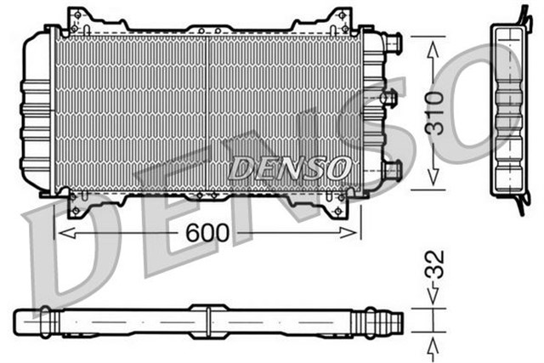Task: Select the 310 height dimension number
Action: click(x=433, y=112)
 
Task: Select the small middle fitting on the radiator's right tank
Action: click(x=388, y=99)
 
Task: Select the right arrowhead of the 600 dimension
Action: click(x=356, y=231)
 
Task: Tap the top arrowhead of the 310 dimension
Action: click(x=433, y=49)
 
